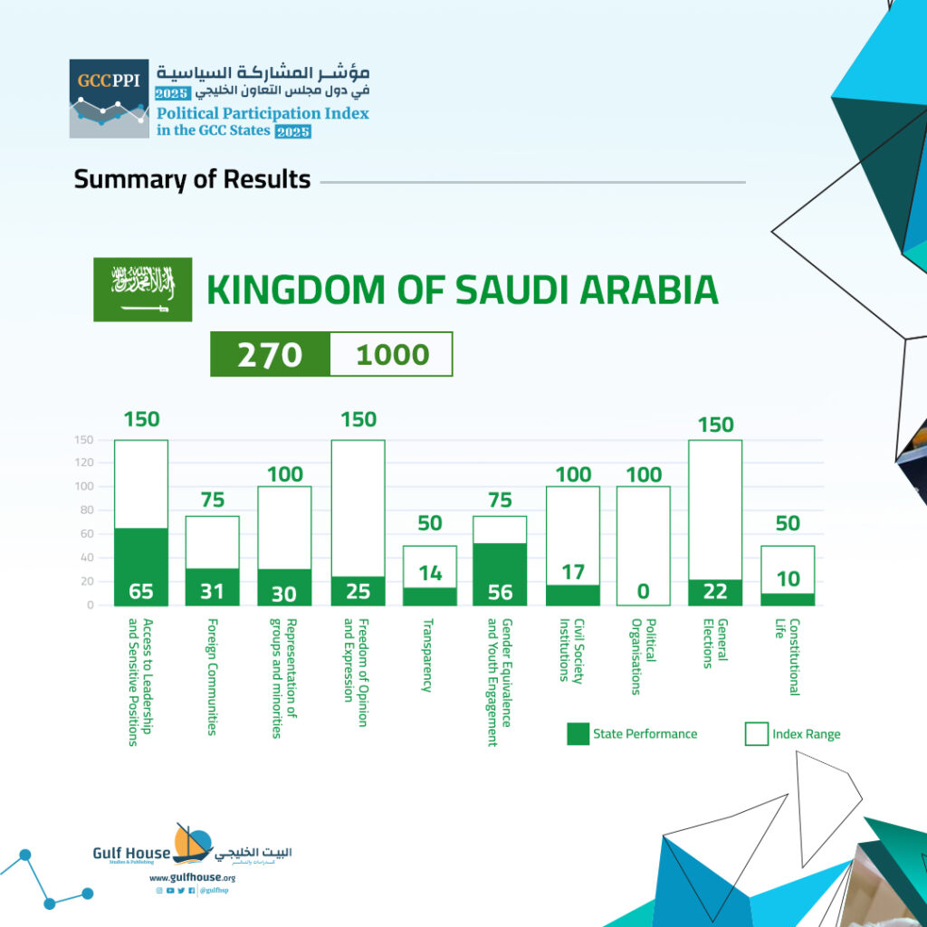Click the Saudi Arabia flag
142,289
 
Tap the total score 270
270,355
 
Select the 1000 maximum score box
391,354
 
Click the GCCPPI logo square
109,98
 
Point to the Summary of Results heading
192,179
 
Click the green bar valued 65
141,567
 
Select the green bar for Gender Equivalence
500,574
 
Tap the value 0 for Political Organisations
644,591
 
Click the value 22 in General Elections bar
715,591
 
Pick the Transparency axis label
427,655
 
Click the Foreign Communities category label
212,677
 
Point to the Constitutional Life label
788,657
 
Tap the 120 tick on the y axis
84,463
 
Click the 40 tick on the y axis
86,557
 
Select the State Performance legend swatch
578,733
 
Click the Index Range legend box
756,733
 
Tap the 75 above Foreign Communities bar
213,500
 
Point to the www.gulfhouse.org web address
192,878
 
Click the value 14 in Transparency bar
430,573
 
